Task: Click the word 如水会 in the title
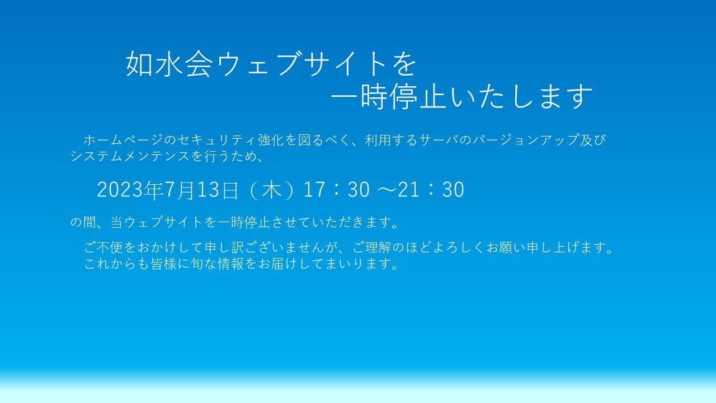click(169, 64)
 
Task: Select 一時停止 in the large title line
click(389, 96)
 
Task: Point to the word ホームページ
click(124, 140)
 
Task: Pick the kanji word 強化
click(271, 140)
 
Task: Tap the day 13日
click(218, 190)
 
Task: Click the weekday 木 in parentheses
click(272, 190)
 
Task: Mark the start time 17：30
click(337, 190)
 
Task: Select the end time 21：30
click(431, 190)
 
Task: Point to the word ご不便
click(103, 247)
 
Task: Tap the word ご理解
click(372, 247)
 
